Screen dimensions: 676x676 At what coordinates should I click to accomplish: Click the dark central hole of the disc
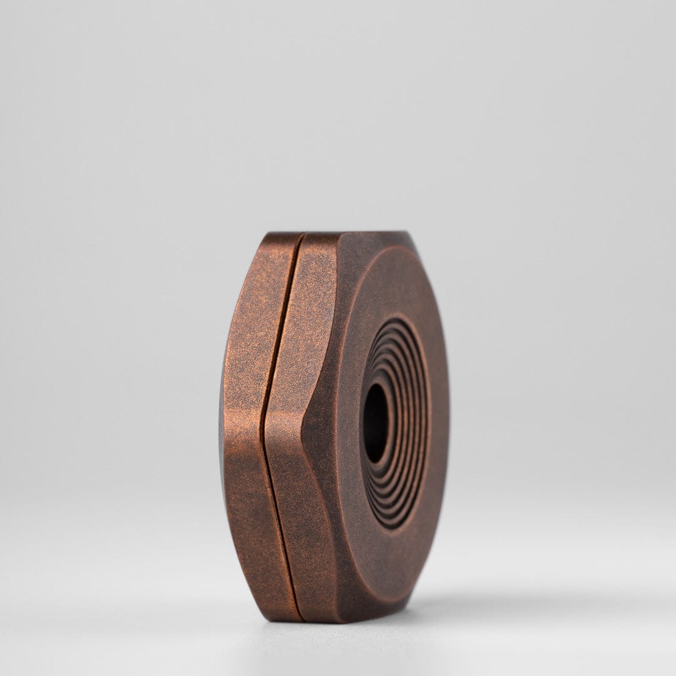click(x=376, y=423)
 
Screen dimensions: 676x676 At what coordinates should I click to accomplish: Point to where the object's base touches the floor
click(x=313, y=621)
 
